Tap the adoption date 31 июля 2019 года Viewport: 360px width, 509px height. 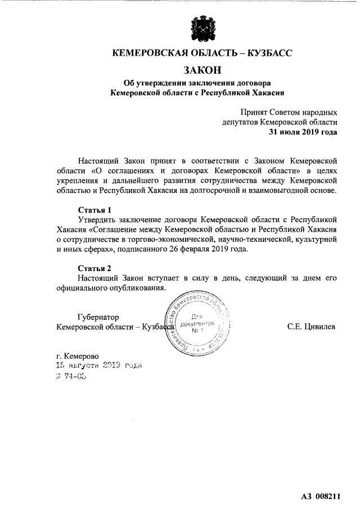(303, 132)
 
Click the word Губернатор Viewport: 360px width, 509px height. (98, 317)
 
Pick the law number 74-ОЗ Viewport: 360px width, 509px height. (74, 377)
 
